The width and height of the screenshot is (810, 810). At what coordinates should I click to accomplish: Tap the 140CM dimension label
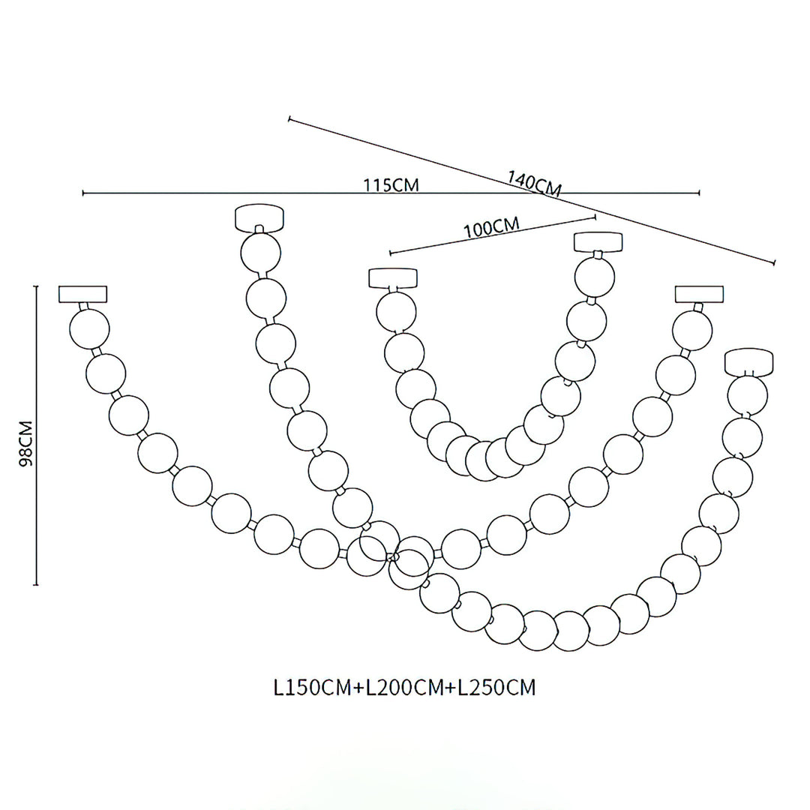[x=534, y=184]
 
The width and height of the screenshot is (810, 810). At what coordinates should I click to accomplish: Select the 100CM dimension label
[x=491, y=226]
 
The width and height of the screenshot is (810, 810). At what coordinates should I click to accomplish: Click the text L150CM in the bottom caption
[x=314, y=688]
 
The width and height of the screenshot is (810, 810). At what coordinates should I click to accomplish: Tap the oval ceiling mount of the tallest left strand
[x=259, y=218]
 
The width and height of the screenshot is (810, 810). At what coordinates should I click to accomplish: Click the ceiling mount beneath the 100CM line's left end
[x=392, y=277]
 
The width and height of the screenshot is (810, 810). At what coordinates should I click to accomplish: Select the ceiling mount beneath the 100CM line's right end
[x=598, y=242]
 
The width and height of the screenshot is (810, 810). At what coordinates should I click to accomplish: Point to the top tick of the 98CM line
[x=36, y=286]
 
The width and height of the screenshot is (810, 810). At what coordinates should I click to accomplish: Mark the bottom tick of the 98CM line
[x=36, y=583]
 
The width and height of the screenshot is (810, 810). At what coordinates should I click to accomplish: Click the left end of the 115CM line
[x=83, y=193]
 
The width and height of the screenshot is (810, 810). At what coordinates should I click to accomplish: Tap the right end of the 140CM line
[x=773, y=262]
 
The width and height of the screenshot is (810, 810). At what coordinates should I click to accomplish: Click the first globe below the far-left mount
[x=90, y=328]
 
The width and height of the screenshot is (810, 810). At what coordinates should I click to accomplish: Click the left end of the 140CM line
[x=289, y=118]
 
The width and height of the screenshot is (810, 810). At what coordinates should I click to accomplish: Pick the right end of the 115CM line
[x=699, y=193]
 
